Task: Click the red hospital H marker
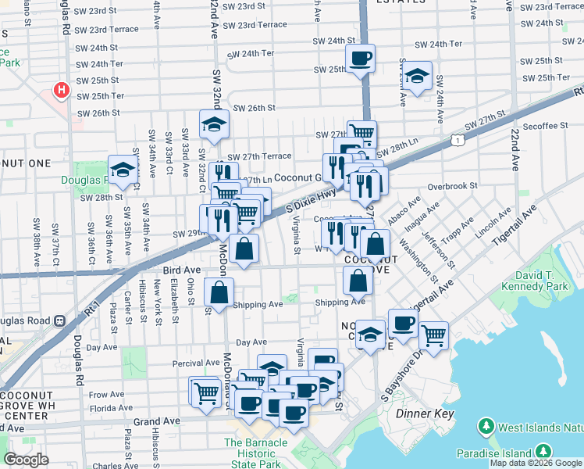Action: click(61, 91)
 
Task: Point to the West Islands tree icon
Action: click(486, 427)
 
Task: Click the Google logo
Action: click(26, 460)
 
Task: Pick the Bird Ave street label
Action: click(182, 270)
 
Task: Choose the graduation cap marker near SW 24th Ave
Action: click(417, 76)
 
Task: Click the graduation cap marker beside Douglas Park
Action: click(123, 170)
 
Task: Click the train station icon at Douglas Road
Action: click(58, 320)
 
